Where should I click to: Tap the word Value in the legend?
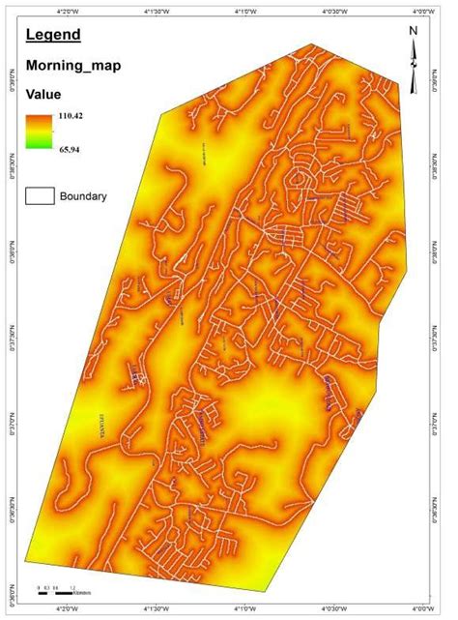click(43, 95)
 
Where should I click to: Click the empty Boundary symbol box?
click(40, 196)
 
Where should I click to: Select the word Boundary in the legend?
click(83, 196)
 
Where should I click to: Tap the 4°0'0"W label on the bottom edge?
click(421, 608)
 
